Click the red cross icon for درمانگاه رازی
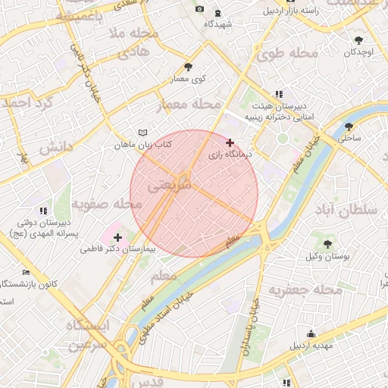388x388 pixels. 230,142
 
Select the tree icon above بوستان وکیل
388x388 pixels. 327,244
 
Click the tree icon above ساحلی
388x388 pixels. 349,127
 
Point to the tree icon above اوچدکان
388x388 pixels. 358,40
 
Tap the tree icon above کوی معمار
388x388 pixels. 188,67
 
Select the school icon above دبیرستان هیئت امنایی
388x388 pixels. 279,94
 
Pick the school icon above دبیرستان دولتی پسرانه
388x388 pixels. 42,210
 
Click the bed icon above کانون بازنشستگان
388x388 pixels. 27,272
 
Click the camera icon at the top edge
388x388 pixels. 199,9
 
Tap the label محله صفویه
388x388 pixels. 106,205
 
